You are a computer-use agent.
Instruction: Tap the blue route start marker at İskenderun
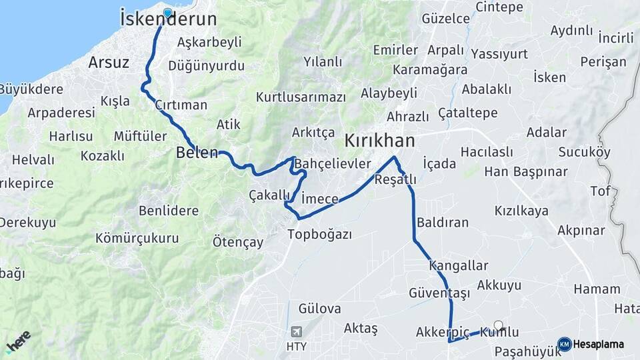coord(167,13)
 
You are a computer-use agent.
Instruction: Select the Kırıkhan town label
coord(379,141)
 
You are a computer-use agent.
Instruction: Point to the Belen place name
coord(197,153)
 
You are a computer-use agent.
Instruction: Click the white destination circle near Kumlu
coord(498,325)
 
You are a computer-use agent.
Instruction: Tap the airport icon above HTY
coord(297,331)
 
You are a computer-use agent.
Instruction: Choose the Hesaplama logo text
coord(599,345)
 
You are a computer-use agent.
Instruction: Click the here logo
coord(18,342)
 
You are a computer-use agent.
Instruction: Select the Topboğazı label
coord(319,235)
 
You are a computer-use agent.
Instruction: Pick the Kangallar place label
coord(458,265)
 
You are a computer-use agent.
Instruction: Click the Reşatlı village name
coord(395,180)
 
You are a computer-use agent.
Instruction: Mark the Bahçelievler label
coord(332,164)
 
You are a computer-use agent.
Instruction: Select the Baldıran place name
coord(442,223)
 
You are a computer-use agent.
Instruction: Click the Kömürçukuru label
coord(137,238)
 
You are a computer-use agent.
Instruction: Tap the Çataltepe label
coord(468,113)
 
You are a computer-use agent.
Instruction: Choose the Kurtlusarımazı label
coord(301,97)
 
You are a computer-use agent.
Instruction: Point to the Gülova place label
coord(319,309)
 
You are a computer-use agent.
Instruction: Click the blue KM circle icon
coord(564,345)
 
